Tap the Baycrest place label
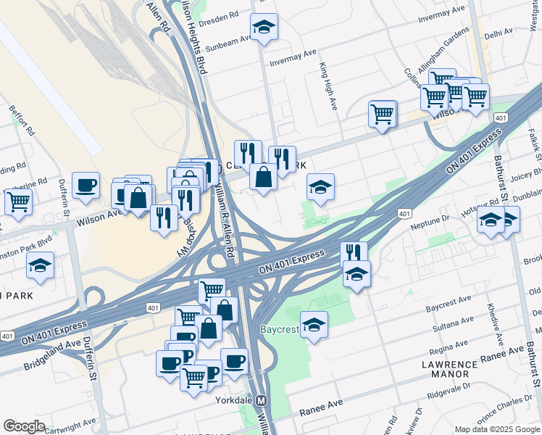pyautogui.click(x=280, y=329)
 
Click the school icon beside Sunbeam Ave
pyautogui.click(x=264, y=28)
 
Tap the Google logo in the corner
pyautogui.click(x=24, y=426)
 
